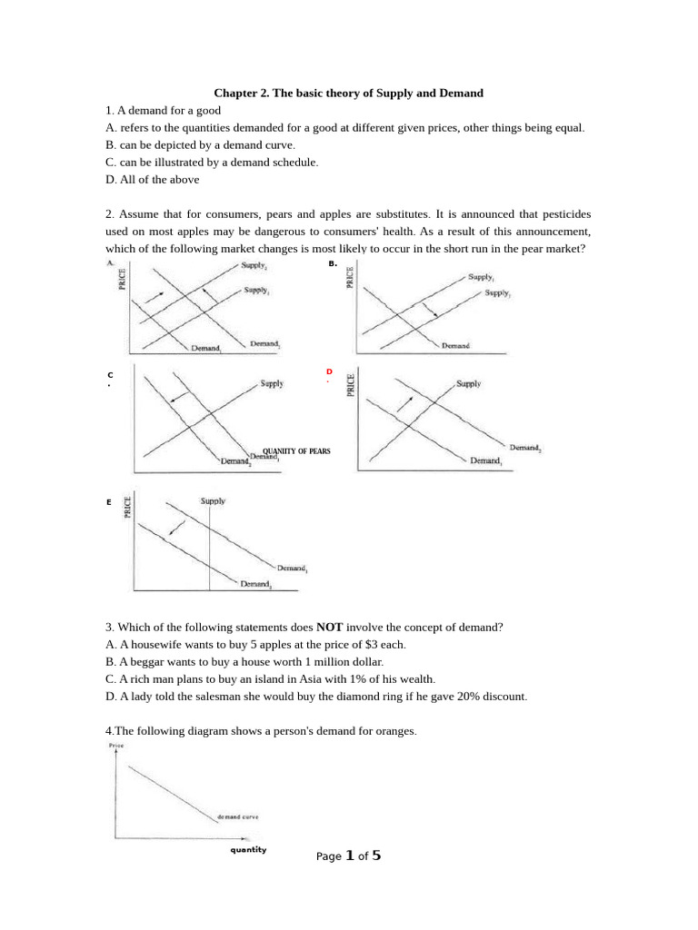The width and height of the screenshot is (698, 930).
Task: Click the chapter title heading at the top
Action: pos(348,93)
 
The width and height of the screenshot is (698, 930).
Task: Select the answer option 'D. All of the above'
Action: pos(152,179)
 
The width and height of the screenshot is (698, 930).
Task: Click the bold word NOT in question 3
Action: pos(328,627)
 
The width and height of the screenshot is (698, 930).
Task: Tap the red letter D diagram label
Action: pos(329,371)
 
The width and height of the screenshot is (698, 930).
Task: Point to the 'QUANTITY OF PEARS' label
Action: pos(296,451)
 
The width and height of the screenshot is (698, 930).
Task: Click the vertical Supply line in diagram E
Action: pos(210,545)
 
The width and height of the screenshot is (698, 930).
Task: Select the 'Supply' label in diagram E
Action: pos(213,500)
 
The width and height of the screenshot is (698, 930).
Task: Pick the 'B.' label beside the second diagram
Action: pos(333,263)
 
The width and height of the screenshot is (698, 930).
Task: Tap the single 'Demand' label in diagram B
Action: pos(456,346)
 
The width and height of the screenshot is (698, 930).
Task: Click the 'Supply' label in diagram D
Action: pos(468,384)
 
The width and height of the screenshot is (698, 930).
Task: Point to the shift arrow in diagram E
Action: pos(178,528)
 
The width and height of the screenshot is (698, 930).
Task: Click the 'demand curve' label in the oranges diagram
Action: pos(237,816)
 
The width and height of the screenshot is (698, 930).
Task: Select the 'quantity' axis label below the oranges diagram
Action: pos(248,850)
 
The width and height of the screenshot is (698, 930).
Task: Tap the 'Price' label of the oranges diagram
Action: pos(115,745)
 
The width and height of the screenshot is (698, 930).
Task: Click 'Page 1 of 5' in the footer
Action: pos(348,856)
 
